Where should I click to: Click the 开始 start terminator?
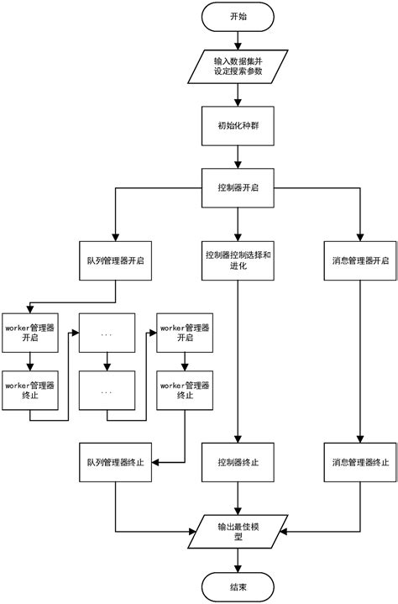click(x=238, y=16)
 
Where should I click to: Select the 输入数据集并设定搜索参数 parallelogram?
click(x=238, y=66)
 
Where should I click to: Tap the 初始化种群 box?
click(x=238, y=127)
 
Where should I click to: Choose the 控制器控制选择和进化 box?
click(x=238, y=260)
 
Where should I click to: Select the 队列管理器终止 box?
click(x=115, y=462)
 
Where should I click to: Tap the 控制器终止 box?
click(x=238, y=462)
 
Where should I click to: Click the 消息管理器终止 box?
click(x=360, y=462)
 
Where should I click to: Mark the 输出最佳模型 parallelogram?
click(x=238, y=532)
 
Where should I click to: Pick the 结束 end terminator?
click(x=238, y=586)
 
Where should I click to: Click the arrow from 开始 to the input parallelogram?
click(x=238, y=39)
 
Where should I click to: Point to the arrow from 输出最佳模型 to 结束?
click(x=238, y=560)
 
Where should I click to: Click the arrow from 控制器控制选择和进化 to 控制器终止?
click(x=238, y=361)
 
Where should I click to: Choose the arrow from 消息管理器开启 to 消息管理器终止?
click(x=360, y=361)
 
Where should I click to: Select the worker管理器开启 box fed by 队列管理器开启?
click(x=30, y=332)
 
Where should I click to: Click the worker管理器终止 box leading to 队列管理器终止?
click(x=185, y=391)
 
